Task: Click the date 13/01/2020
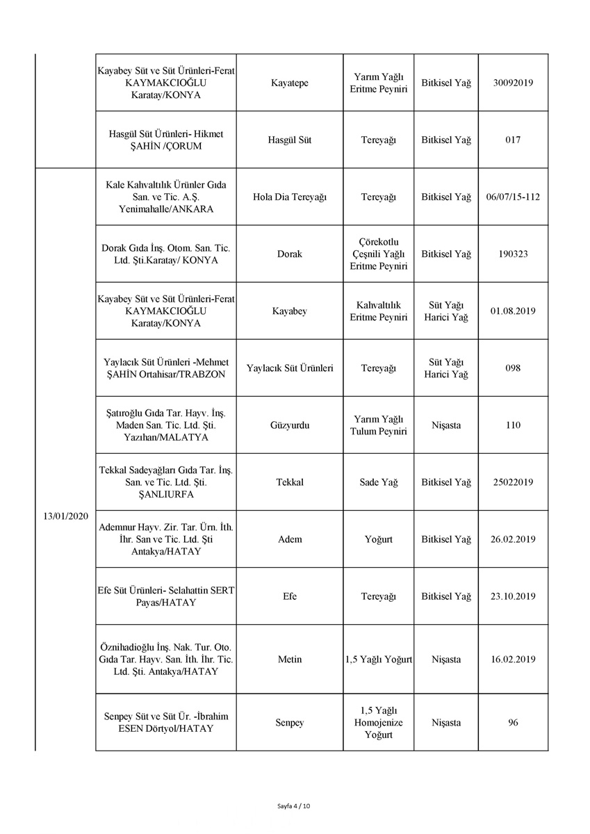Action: tap(65, 516)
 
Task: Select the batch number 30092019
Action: tap(512, 83)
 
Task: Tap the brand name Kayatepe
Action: tap(289, 83)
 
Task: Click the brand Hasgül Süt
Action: tap(289, 140)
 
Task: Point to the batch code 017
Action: tap(512, 140)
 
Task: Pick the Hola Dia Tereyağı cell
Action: tap(289, 197)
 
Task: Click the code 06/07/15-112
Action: tap(512, 197)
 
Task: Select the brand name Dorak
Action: tap(289, 254)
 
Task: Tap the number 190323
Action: tap(512, 254)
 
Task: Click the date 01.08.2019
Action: tap(512, 311)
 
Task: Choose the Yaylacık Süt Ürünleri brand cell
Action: tap(289, 368)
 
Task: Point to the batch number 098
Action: tap(512, 368)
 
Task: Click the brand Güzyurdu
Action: tap(289, 425)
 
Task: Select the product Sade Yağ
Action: tap(378, 482)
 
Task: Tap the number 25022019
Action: tap(512, 482)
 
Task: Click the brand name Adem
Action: tap(289, 539)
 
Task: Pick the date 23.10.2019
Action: tap(512, 596)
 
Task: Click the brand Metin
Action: tap(289, 659)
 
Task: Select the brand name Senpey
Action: tap(289, 722)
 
